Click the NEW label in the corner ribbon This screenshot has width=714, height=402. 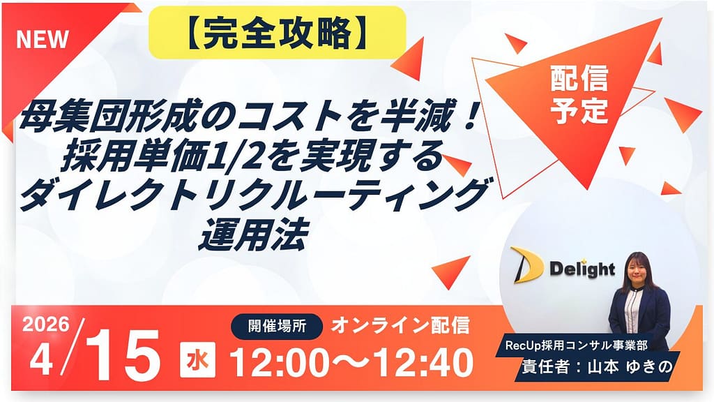point(43,39)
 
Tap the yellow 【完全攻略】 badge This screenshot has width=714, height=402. point(278,33)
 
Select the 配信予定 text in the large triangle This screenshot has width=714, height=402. point(579,94)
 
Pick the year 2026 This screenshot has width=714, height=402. point(46,325)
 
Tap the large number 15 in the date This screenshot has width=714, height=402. point(123,355)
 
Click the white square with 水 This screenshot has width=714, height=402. point(197,360)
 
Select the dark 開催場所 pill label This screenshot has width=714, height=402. point(277,327)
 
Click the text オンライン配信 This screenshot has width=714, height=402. point(400,326)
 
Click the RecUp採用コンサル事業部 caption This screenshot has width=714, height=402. point(576,345)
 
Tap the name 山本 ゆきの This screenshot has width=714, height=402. point(630,367)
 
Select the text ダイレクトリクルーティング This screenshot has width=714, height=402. point(251,195)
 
